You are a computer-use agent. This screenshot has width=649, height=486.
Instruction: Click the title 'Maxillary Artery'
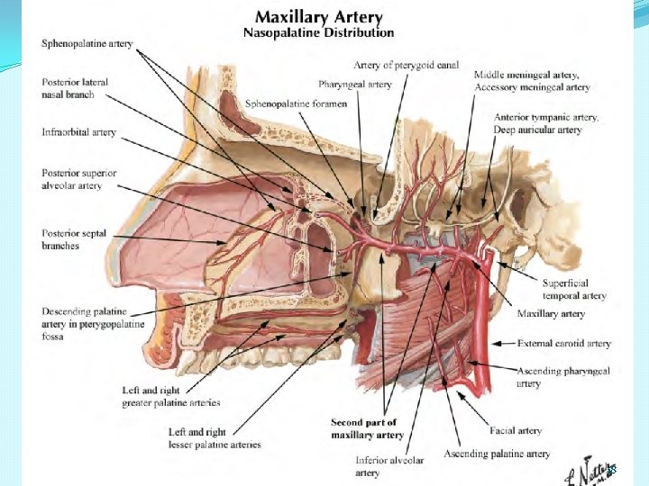pyautogui.click(x=318, y=16)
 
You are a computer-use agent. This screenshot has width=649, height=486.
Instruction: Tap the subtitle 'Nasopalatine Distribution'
pyautogui.click(x=318, y=32)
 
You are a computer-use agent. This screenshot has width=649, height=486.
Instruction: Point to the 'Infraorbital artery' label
pyautogui.click(x=78, y=132)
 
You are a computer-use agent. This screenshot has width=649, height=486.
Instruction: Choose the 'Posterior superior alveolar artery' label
pyautogui.click(x=78, y=179)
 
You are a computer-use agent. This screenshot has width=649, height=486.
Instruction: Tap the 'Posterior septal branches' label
pyautogui.click(x=74, y=239)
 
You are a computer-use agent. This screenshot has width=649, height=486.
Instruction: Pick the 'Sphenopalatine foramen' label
pyautogui.click(x=284, y=103)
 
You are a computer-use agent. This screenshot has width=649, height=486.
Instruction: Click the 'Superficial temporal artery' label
pyautogui.click(x=574, y=289)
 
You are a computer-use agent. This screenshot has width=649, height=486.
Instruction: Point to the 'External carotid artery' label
pyautogui.click(x=563, y=343)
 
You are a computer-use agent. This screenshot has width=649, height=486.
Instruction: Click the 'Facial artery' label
pyautogui.click(x=516, y=431)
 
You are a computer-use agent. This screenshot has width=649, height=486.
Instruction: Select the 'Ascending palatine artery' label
pyautogui.click(x=497, y=454)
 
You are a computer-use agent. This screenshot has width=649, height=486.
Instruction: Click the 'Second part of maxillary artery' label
pyautogui.click(x=367, y=428)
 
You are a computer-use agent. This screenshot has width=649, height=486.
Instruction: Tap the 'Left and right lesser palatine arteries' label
pyautogui.click(x=215, y=438)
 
